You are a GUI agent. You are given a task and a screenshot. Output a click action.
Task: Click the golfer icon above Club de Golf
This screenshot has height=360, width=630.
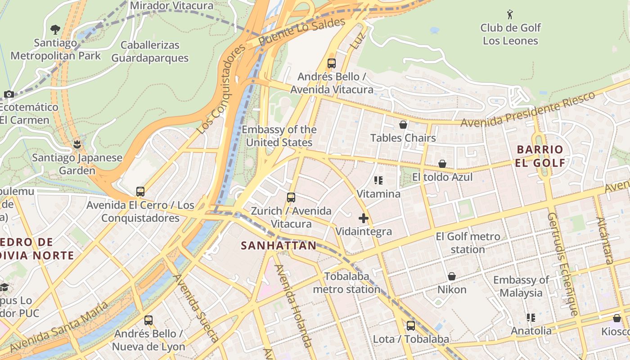click(510, 14)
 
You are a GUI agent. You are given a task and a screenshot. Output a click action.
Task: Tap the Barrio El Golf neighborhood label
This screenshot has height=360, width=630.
click(540, 156)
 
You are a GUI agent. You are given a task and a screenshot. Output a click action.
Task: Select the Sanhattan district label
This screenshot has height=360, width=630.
click(279, 246)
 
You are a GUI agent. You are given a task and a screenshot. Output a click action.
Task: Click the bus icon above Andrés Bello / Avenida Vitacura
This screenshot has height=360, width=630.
click(332, 63)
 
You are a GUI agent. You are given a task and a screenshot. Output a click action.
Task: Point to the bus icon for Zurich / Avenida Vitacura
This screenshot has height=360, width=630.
click(291, 197)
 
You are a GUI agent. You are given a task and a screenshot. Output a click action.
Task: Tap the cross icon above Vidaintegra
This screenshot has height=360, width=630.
click(364, 219)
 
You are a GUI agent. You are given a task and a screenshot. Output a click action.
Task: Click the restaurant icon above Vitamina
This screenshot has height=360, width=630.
click(378, 180)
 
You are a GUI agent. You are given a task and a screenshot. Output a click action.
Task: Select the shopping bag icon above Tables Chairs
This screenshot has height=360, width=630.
click(403, 125)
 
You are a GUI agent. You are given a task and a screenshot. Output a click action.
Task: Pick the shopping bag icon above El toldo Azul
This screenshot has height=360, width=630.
click(442, 164)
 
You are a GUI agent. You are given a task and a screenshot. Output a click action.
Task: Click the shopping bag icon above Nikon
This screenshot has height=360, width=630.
click(452, 276)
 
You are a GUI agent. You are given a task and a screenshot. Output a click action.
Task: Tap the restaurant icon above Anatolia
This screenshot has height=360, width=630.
click(531, 318)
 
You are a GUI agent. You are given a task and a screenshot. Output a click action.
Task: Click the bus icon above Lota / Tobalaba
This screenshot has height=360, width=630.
click(410, 326)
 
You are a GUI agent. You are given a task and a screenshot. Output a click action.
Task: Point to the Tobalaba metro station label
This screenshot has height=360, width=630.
click(346, 283)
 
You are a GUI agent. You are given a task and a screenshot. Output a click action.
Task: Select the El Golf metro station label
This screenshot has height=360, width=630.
click(468, 243)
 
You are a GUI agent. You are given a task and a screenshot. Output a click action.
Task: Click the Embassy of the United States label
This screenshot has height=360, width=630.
click(279, 136)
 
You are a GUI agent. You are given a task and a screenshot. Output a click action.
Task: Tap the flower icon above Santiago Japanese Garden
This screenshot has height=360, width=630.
click(77, 144)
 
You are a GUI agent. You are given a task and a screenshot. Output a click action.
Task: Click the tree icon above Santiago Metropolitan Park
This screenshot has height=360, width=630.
click(55, 30)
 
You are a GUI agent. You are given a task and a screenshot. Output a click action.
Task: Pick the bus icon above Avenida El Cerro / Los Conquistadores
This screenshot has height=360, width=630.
click(140, 192)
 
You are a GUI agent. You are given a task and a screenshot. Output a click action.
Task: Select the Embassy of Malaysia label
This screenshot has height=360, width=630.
click(521, 286)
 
